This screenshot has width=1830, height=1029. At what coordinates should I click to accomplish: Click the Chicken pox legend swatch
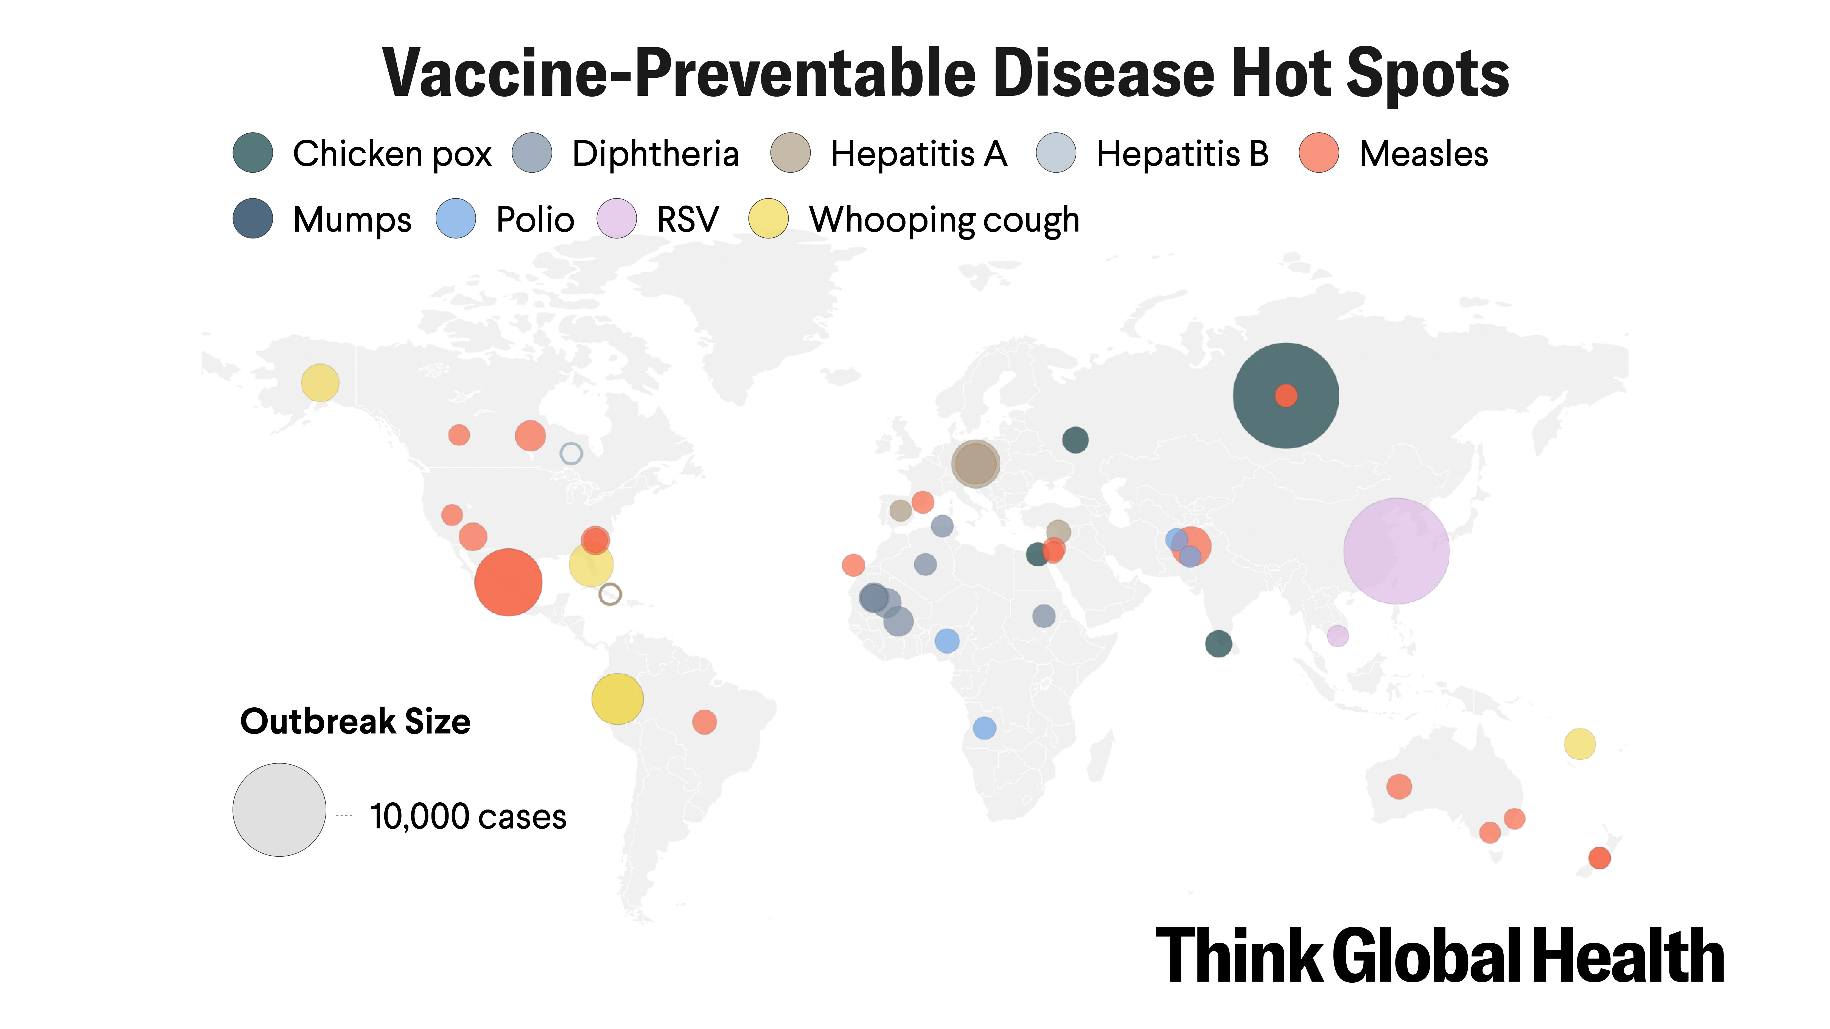[253, 153]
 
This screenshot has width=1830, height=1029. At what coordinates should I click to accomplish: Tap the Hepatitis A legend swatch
[790, 153]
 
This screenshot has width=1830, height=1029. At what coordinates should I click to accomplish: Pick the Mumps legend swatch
[253, 219]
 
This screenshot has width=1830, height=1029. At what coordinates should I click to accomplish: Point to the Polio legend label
[534, 220]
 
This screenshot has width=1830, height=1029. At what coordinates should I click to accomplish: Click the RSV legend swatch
[616, 219]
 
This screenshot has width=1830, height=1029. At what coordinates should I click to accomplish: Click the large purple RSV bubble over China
[1396, 551]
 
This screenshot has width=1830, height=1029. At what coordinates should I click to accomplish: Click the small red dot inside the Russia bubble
[1286, 396]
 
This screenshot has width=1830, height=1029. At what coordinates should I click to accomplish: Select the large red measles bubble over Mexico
[508, 582]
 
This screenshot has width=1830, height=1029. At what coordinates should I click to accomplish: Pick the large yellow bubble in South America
[617, 699]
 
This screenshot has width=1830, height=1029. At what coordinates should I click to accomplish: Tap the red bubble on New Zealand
[1599, 858]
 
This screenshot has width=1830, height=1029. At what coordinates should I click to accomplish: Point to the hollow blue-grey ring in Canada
[571, 453]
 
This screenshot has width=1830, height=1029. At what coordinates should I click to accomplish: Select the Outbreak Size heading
[355, 721]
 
